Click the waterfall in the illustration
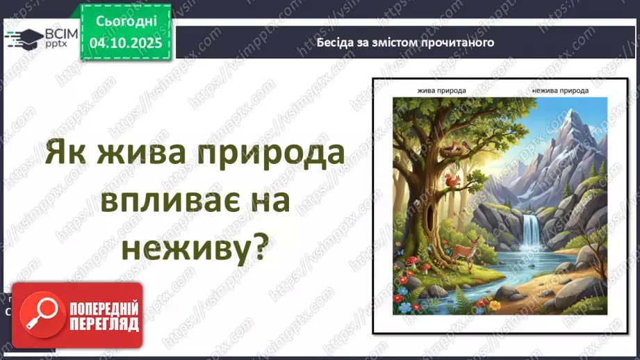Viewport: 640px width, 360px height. click(x=532, y=230)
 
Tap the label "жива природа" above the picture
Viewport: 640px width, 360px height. click(x=441, y=90)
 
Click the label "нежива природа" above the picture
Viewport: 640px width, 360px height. click(x=559, y=90)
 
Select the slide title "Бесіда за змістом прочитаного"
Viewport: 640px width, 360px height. click(x=405, y=42)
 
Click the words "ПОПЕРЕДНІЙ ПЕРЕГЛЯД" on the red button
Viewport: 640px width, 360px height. click(x=104, y=316)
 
